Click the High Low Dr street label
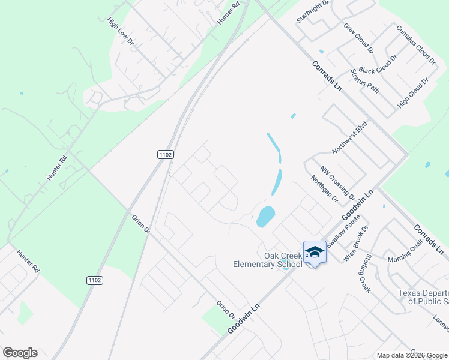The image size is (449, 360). pyautogui.click(x=120, y=31)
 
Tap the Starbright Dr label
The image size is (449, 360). pyautogui.click(x=313, y=11)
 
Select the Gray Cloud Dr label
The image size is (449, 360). pyautogui.click(x=358, y=38)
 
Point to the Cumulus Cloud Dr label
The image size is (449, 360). pyautogui.click(x=415, y=44)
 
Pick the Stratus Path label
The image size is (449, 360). pyautogui.click(x=365, y=80)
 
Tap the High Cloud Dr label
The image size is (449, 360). pyautogui.click(x=413, y=92)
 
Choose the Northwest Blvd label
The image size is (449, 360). pyautogui.click(x=349, y=137)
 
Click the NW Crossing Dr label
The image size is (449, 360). pyautogui.click(x=337, y=184)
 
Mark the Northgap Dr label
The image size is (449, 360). pyautogui.click(x=325, y=188)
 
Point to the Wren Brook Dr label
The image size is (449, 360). pyautogui.click(x=355, y=243)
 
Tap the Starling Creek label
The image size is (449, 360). pyautogui.click(x=365, y=273)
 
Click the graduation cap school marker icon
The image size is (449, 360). pyautogui.click(x=315, y=251)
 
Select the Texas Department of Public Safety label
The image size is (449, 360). pyautogui.click(x=423, y=297)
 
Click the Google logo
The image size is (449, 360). pyautogui.click(x=20, y=353)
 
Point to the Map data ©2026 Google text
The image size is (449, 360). pyautogui.click(x=412, y=355)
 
